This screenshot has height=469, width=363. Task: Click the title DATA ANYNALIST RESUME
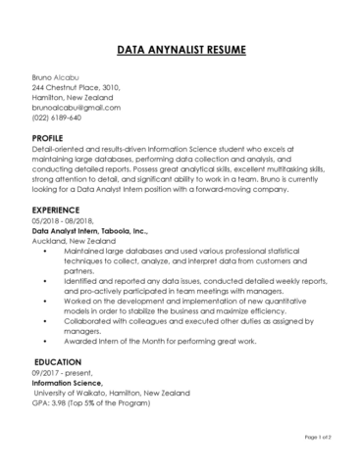(181, 48)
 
